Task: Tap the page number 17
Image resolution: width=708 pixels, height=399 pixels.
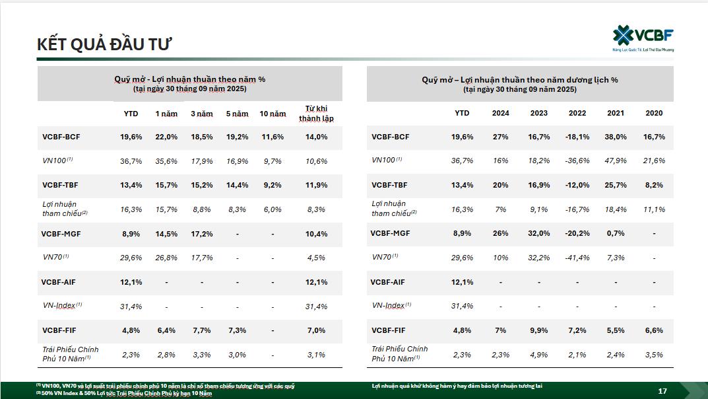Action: (x=662, y=391)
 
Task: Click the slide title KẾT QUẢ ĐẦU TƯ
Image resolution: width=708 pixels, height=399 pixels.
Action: (x=104, y=44)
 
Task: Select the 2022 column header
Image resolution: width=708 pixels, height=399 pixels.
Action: (x=577, y=113)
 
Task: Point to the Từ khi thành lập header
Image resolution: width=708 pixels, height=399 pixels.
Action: (x=316, y=113)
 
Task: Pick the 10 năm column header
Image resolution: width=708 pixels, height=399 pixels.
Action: (x=273, y=114)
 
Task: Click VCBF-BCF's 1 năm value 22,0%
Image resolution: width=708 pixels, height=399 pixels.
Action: (x=166, y=137)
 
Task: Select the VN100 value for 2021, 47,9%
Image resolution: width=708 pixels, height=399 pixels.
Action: (x=616, y=161)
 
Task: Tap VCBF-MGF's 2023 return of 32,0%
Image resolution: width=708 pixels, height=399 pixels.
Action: (x=539, y=233)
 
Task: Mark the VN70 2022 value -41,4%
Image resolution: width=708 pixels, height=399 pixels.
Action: (x=577, y=258)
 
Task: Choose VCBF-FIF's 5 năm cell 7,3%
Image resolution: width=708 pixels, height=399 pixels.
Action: (x=237, y=330)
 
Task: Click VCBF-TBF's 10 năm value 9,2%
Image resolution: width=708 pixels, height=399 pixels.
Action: (x=273, y=185)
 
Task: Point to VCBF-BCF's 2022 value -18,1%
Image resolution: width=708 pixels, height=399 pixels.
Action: (x=577, y=137)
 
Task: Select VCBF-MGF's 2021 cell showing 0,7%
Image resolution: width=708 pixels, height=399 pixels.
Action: (x=616, y=233)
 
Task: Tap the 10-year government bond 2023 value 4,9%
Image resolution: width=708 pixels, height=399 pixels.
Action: (x=539, y=355)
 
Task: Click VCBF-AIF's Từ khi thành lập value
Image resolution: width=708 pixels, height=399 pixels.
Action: (x=316, y=282)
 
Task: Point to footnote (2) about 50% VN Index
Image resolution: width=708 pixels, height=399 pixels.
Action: (x=125, y=393)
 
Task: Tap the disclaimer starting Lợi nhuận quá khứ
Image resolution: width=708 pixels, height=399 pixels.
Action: (x=457, y=385)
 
